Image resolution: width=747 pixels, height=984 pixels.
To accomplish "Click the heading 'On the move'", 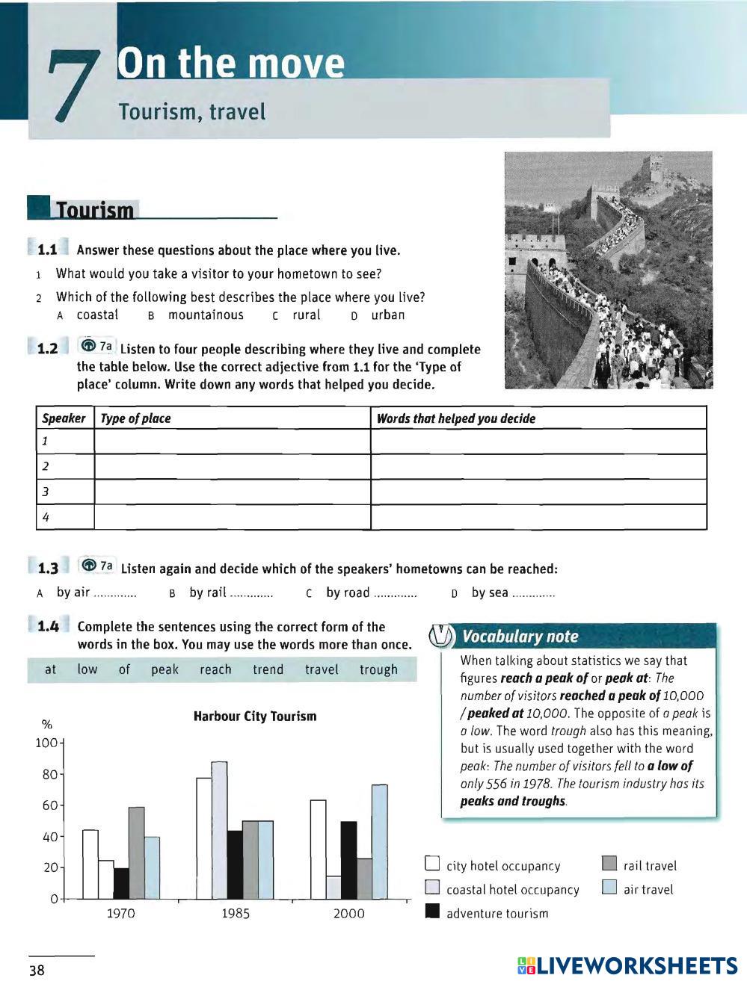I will pyautogui.click(x=230, y=64).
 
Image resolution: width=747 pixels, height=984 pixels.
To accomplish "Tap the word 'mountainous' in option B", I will pyautogui.click(x=206, y=315).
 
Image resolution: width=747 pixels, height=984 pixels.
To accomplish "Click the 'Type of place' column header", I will pyautogui.click(x=135, y=418).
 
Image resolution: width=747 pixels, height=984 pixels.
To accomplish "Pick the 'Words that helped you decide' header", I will pyautogui.click(x=456, y=418).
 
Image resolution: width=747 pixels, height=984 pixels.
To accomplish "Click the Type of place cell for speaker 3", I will pyautogui.click(x=232, y=492).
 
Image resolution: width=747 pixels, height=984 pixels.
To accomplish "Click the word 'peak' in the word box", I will pyautogui.click(x=165, y=669).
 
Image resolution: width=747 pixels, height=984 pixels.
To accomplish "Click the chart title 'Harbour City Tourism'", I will pyautogui.click(x=255, y=717).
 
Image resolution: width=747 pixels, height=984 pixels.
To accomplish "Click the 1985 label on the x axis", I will pyautogui.click(x=236, y=913).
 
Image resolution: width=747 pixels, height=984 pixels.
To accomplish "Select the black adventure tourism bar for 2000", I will pyautogui.click(x=348, y=860).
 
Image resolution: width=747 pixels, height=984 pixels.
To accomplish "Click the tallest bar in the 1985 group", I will pyautogui.click(x=219, y=829).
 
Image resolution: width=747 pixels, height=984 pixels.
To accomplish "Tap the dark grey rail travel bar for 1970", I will pyautogui.click(x=136, y=853).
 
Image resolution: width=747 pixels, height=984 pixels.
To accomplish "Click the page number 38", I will pyautogui.click(x=37, y=971).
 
